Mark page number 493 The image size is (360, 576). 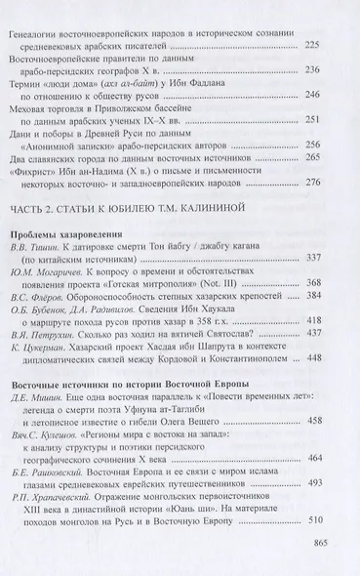point(313,481)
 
